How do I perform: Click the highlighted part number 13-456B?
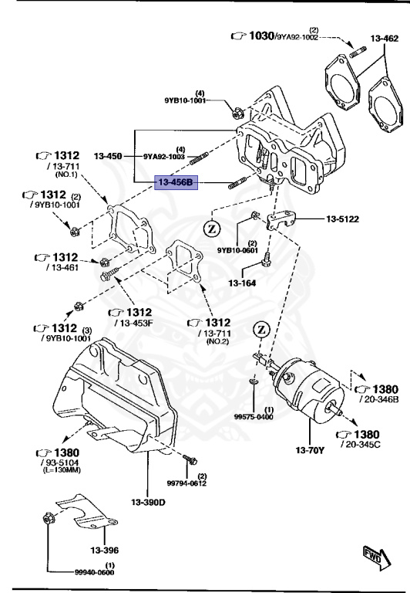176,182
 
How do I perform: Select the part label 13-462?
385,37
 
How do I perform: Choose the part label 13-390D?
148,503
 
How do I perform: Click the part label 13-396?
104,550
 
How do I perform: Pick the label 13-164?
241,282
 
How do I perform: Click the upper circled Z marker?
213,228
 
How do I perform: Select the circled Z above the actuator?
261,330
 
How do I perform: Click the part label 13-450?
109,156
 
